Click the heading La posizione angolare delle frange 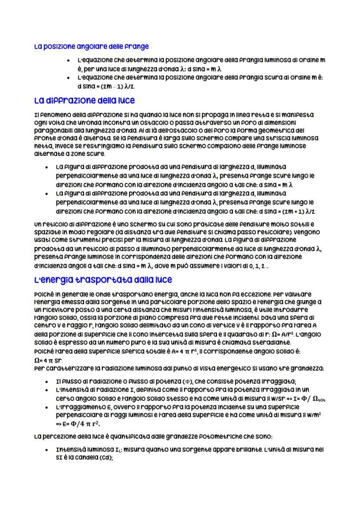pos(91,47)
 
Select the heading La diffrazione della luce pos(84,100)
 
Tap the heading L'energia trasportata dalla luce pos(103,279)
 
